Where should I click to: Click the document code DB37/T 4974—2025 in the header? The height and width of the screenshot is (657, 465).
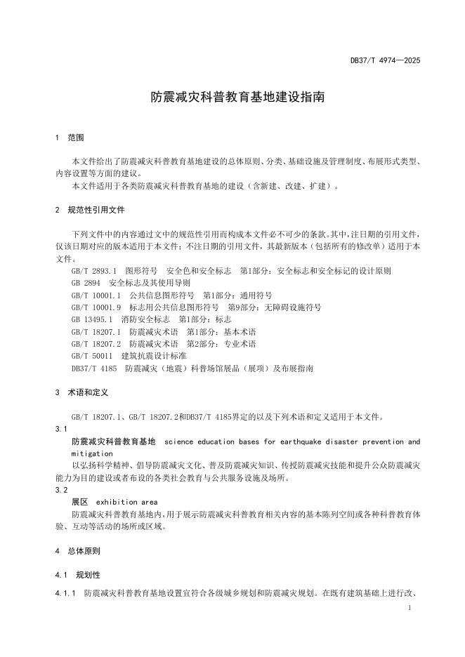(x=385, y=61)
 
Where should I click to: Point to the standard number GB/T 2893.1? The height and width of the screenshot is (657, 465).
(x=94, y=270)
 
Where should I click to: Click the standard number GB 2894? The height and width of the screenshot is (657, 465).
(x=86, y=283)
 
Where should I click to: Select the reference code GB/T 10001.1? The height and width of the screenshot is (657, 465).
(x=96, y=295)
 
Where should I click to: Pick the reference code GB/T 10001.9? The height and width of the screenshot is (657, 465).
(x=96, y=307)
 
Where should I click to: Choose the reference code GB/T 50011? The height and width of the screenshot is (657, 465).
(x=92, y=356)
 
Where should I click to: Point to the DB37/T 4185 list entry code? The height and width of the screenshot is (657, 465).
(x=93, y=368)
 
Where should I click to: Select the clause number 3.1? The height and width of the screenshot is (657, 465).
(x=60, y=428)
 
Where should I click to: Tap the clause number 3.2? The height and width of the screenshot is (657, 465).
(x=60, y=490)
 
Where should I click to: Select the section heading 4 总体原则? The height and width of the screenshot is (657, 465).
(x=77, y=550)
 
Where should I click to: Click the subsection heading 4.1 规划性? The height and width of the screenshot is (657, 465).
(x=78, y=575)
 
